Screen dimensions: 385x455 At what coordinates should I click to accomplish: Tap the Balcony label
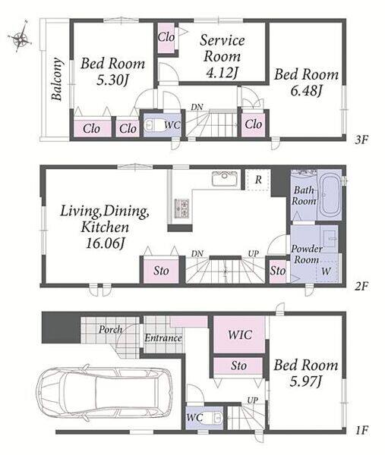point(57,79)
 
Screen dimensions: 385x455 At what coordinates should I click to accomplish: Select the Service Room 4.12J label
point(222,56)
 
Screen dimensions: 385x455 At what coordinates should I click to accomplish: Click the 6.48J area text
point(306,91)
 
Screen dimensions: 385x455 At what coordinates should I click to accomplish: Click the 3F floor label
point(361,140)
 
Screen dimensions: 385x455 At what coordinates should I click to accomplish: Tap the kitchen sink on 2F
point(225,178)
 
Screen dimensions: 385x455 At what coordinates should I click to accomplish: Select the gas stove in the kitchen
point(181,208)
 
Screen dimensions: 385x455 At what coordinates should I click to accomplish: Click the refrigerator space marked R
point(258,180)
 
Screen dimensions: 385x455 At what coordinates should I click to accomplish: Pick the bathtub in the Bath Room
point(329,195)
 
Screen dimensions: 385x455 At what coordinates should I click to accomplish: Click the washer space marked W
point(326,271)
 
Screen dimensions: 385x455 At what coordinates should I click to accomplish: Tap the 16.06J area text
point(105,243)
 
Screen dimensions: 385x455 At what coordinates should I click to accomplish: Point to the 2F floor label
point(361,287)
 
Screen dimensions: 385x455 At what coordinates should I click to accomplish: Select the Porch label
point(110,330)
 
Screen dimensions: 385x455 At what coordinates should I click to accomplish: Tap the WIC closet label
point(240,334)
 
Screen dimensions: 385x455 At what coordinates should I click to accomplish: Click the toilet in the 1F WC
point(215,418)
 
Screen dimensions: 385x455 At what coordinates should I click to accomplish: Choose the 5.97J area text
point(306,381)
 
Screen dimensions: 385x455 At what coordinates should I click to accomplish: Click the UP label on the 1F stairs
point(253,400)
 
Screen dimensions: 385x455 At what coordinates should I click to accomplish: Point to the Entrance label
point(163,338)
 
